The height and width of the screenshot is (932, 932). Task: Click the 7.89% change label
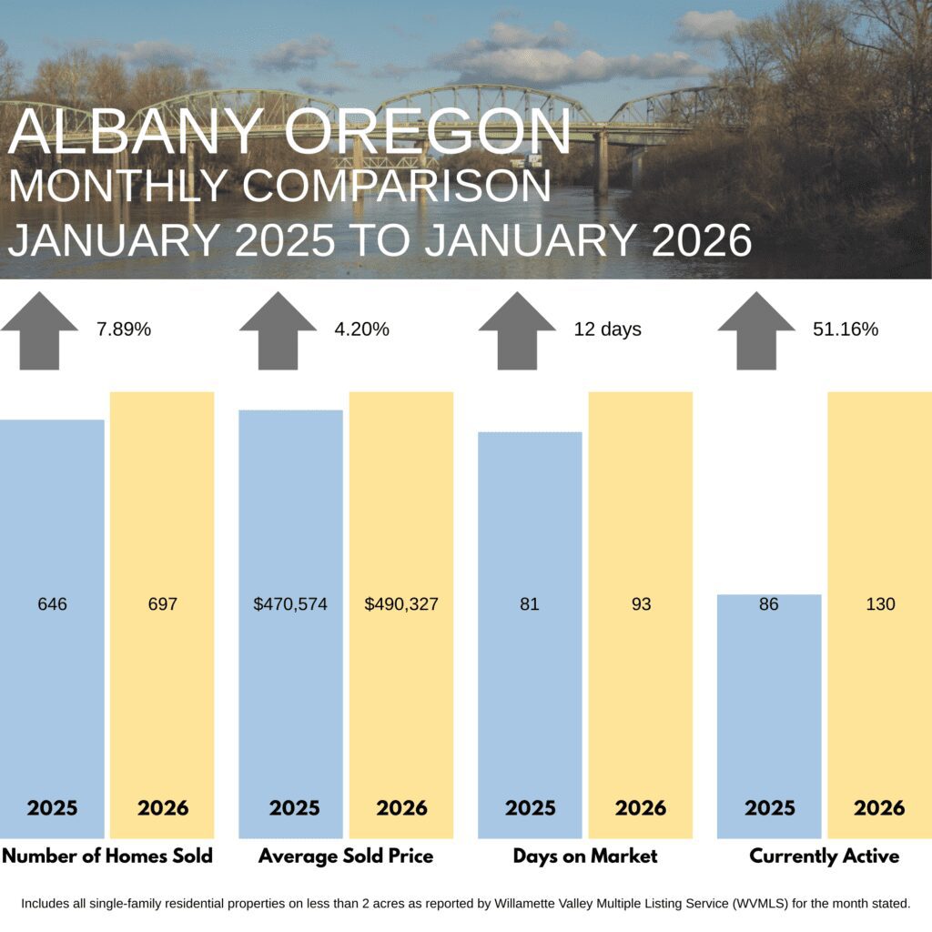pos(124,329)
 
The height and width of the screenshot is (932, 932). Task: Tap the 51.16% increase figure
pos(846,329)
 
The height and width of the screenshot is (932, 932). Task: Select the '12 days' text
pos(607,329)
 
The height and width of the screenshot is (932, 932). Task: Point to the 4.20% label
pos(361,329)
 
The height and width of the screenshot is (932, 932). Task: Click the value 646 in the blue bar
pos(52,604)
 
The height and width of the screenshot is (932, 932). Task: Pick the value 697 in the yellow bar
pos(163,604)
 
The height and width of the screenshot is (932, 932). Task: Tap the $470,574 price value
pos(290,604)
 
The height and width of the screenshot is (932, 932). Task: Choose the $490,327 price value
pos(401,604)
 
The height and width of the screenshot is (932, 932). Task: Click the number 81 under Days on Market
pos(530,604)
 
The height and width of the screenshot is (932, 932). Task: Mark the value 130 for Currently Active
pos(880,604)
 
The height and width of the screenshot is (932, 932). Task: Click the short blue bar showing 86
pos(769,716)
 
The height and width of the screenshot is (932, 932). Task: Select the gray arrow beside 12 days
pos(517,330)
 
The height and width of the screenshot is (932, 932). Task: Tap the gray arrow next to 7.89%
pos(39,330)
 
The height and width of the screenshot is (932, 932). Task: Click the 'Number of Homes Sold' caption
pos(107,856)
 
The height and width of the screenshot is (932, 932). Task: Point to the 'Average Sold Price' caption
pos(346,856)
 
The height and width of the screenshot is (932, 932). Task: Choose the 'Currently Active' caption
pos(825,856)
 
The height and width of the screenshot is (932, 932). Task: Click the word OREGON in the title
pos(428,131)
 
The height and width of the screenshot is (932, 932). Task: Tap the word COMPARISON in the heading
pos(397,186)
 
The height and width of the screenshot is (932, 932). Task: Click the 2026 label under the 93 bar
pos(641,808)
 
